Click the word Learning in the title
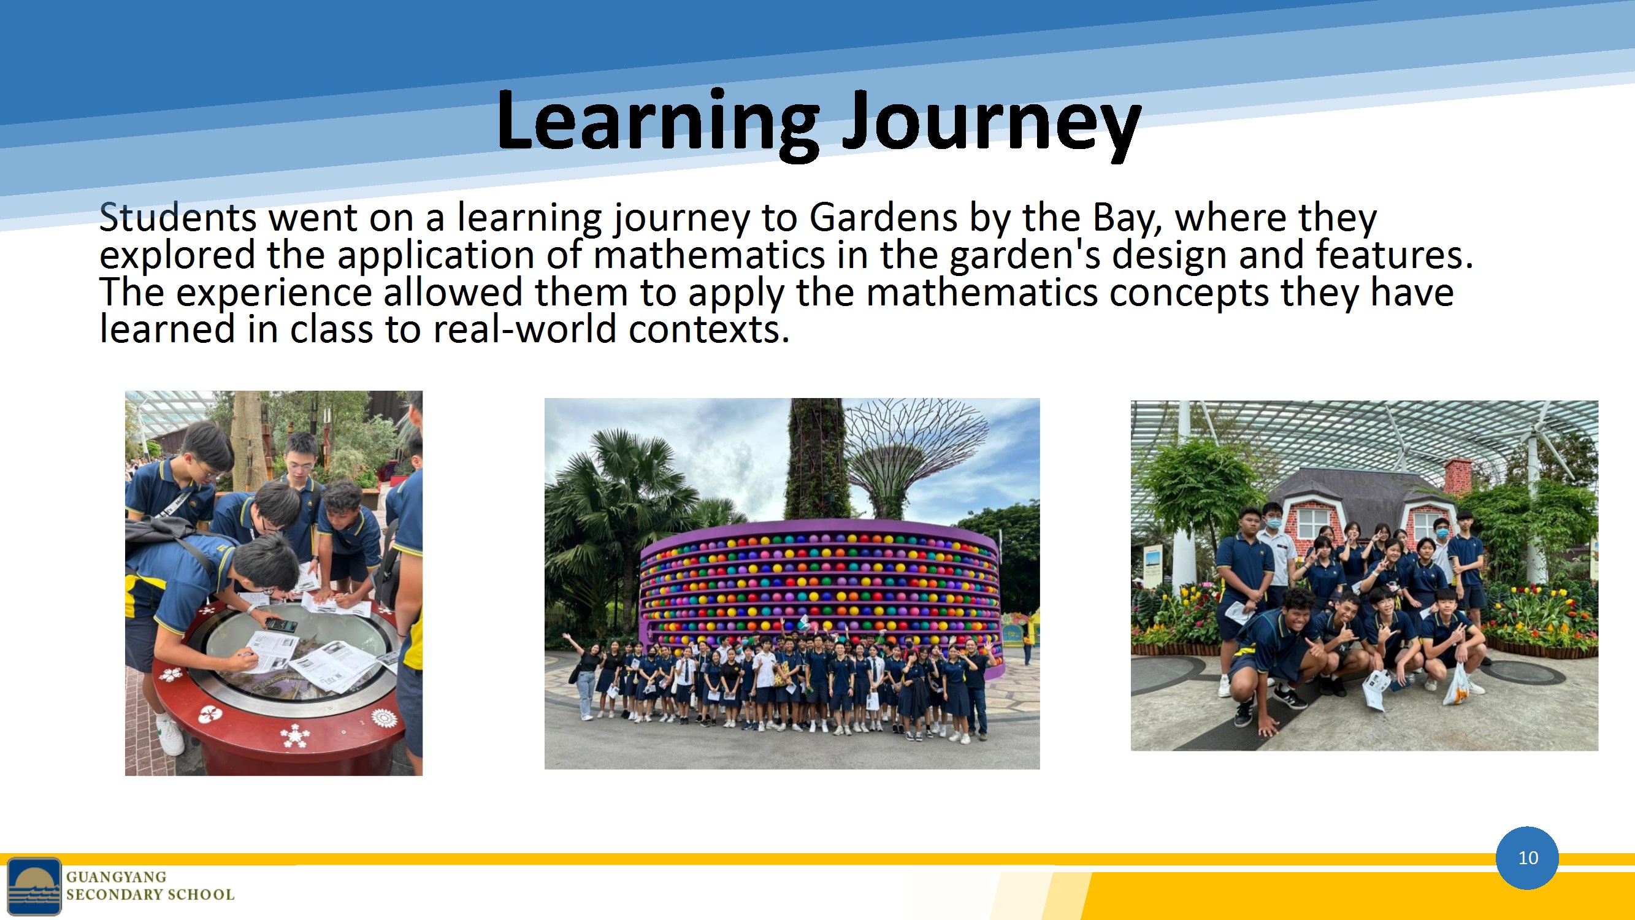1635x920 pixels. click(657, 123)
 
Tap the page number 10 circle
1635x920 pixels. click(1527, 858)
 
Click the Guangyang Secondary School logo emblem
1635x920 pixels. click(34, 886)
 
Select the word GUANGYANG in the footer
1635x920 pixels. click(116, 877)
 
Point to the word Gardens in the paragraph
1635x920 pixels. click(883, 218)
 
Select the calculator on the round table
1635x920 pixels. click(280, 625)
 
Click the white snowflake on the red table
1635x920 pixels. click(294, 736)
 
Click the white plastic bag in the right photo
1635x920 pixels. click(1457, 686)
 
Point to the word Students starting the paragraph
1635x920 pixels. click(178, 218)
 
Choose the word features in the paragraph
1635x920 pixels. click(1395, 256)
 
